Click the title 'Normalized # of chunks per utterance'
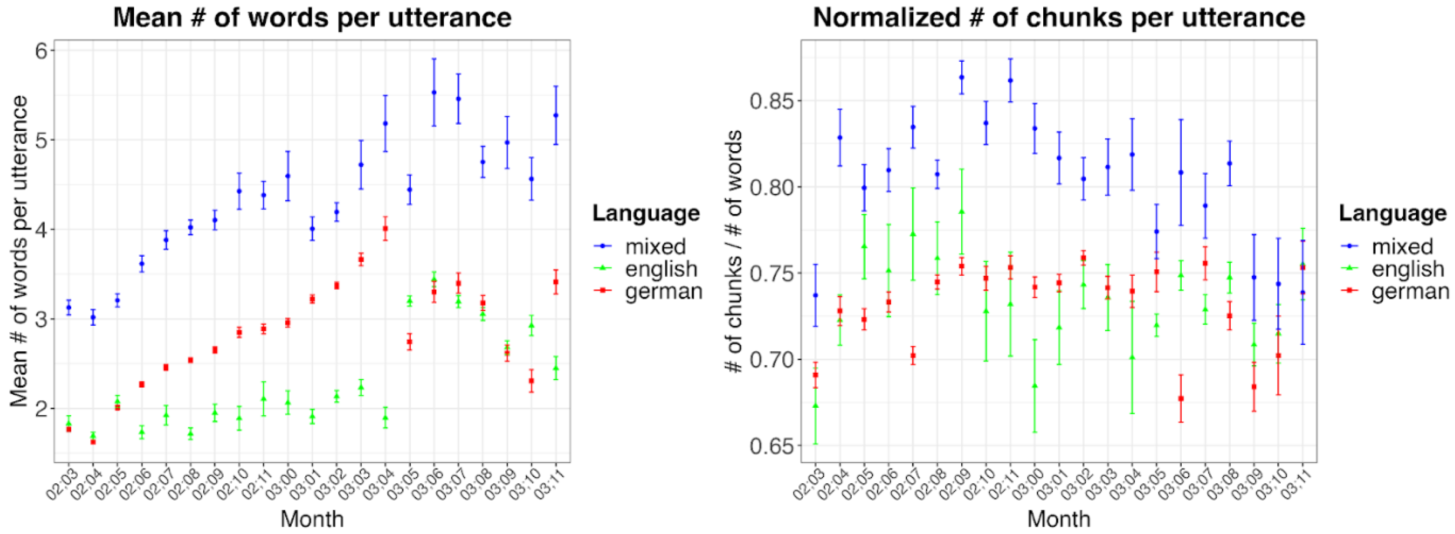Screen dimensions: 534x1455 1059,18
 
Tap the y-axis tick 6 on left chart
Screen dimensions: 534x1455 41,51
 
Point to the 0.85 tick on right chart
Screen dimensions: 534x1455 771,101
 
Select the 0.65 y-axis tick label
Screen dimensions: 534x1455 771,446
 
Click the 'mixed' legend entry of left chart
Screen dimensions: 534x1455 655,247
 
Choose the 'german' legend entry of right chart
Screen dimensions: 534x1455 1410,291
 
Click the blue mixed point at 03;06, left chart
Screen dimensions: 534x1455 434,93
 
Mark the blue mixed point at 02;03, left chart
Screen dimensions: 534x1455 69,308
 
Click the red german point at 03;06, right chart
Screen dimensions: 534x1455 1180,398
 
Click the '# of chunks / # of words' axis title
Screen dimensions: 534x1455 734,252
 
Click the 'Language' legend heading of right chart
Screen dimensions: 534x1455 1392,214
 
